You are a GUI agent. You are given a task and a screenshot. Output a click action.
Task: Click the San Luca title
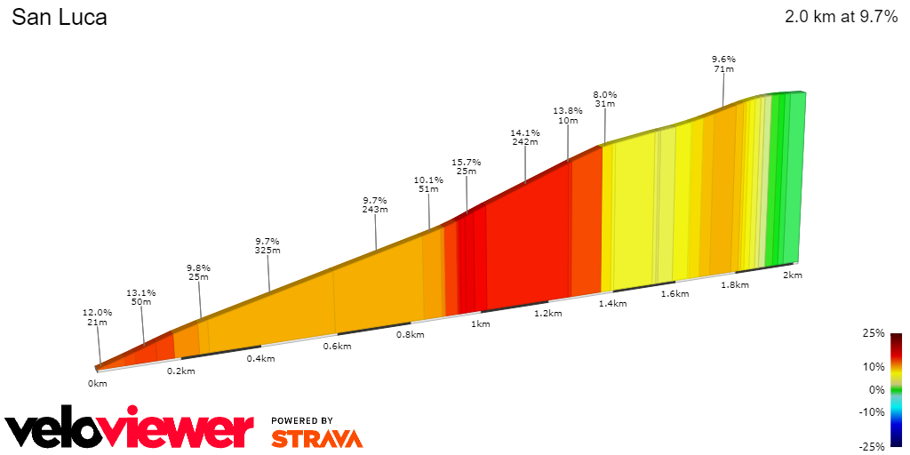(x=60, y=17)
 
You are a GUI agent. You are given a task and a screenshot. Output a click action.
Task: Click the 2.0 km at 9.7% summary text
(x=841, y=17)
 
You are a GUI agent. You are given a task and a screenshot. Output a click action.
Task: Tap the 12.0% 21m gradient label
(x=98, y=317)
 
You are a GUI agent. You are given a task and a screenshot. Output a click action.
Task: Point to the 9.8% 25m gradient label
(x=198, y=272)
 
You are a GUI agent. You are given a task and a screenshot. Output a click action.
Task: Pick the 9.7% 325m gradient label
(x=267, y=245)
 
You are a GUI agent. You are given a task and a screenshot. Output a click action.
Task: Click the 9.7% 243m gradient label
(x=375, y=204)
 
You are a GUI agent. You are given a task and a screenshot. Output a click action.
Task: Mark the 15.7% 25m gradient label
(x=467, y=167)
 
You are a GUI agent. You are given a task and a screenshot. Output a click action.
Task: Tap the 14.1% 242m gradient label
(x=525, y=136)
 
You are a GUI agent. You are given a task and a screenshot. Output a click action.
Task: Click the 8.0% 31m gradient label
(x=605, y=99)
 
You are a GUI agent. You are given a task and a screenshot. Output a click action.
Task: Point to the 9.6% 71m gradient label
(x=723, y=64)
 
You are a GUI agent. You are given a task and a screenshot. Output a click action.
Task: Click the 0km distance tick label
(x=97, y=383)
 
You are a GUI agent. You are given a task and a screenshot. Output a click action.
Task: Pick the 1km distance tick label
(x=481, y=324)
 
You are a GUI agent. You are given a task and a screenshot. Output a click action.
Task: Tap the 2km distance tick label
(x=793, y=275)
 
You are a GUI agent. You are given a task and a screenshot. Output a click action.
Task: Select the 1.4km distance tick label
(x=612, y=304)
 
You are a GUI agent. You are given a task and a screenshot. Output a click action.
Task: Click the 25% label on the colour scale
(x=874, y=333)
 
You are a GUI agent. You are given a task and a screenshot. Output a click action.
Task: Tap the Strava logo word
(x=316, y=438)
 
